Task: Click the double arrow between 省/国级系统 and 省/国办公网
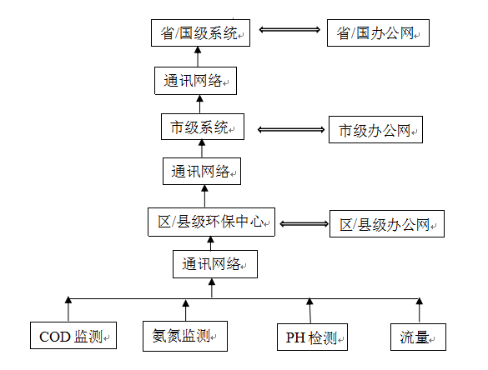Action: click(x=289, y=30)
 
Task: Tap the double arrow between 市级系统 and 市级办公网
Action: click(x=291, y=130)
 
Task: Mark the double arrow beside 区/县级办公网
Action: click(x=304, y=224)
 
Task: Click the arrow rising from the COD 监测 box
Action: click(x=68, y=309)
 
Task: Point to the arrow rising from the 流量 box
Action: click(x=420, y=310)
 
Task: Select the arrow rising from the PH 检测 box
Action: click(x=309, y=310)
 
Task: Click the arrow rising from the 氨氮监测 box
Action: click(x=185, y=310)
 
